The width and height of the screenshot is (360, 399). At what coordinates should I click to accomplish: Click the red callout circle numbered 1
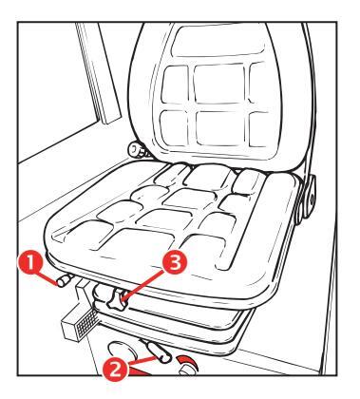[30, 262]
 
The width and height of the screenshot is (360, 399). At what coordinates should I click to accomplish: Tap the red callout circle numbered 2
[115, 369]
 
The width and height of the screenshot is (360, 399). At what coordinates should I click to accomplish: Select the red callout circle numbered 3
[175, 262]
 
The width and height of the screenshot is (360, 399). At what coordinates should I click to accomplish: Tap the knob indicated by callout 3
[118, 299]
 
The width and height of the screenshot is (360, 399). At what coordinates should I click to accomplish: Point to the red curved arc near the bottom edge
[188, 362]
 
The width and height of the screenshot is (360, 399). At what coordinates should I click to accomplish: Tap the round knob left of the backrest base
[138, 149]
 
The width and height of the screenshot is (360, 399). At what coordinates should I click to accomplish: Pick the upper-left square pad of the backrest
[175, 84]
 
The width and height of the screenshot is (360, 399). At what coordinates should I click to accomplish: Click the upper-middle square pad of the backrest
[219, 84]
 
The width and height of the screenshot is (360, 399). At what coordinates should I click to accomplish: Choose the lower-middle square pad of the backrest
[220, 127]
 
